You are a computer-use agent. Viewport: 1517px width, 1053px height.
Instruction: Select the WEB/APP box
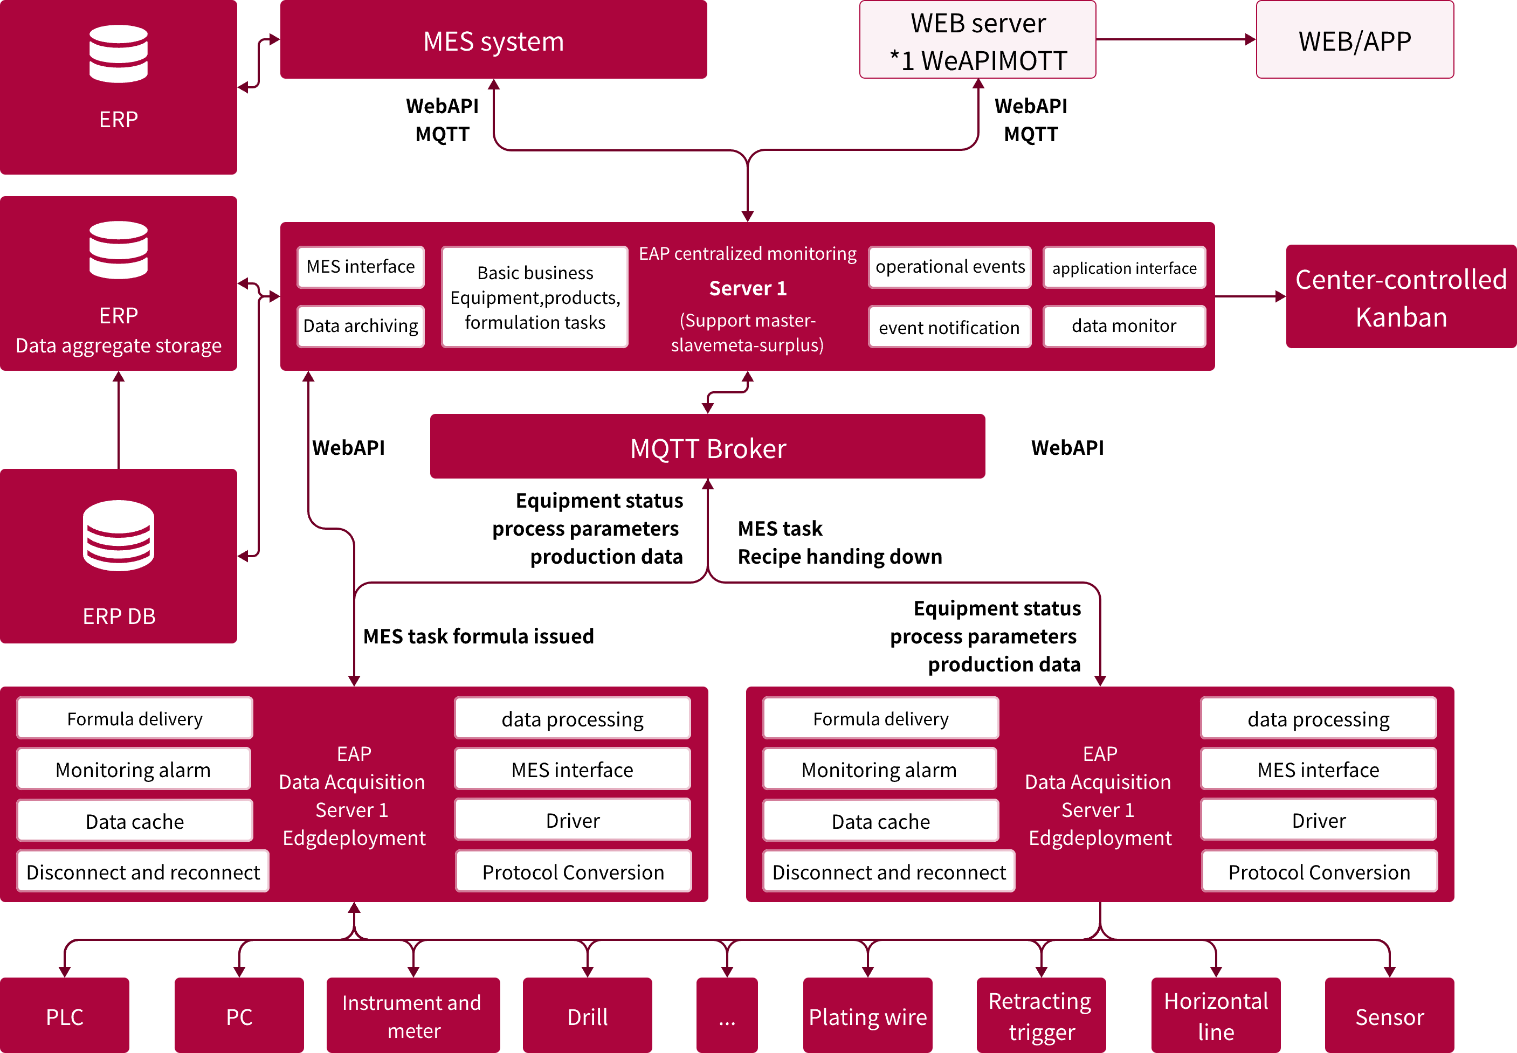coord(1354,39)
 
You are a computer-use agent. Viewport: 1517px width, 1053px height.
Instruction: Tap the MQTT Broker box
coord(707,447)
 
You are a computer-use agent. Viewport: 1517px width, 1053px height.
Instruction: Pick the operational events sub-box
coord(949,267)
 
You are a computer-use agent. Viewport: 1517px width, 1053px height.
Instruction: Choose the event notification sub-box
coord(949,327)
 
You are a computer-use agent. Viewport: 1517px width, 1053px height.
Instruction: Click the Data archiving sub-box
coord(360,326)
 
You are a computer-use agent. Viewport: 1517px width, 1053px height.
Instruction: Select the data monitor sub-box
coord(1123,326)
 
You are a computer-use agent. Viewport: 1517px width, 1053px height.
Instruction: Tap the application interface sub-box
coord(1123,267)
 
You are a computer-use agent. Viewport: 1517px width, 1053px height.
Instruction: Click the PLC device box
coord(65,1016)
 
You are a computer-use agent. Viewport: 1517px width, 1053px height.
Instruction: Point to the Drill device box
coord(587,1016)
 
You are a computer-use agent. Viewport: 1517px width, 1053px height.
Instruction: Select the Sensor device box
coord(1389,1016)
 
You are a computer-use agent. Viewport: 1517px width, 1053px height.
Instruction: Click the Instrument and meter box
coord(413,1016)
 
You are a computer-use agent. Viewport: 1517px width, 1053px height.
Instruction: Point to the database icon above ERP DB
coord(119,535)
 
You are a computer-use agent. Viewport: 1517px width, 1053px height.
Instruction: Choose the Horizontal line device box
coord(1216,1016)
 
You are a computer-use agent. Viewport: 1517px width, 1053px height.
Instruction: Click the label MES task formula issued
coord(478,636)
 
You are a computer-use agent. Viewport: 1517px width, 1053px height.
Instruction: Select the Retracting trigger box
coord(1040,1016)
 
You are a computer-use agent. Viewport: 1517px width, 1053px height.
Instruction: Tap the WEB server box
coord(977,39)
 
